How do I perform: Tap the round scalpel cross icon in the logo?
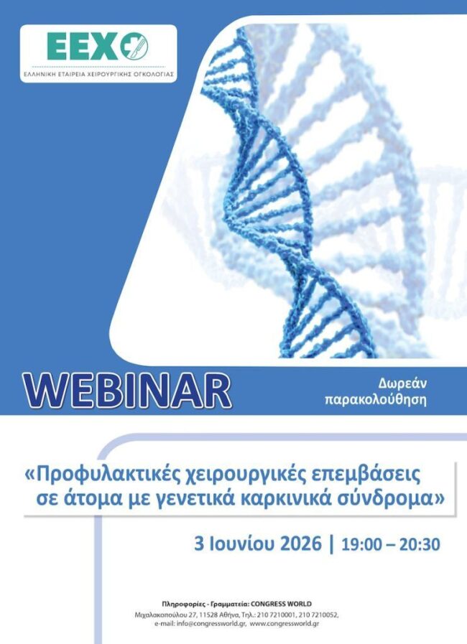[x=134, y=47]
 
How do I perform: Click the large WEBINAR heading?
[x=127, y=391]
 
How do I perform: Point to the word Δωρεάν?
[x=402, y=383]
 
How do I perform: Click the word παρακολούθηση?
[x=376, y=400]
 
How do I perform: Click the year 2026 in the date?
[x=300, y=543]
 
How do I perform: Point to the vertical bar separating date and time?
[x=331, y=543]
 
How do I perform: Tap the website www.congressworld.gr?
[x=285, y=623]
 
